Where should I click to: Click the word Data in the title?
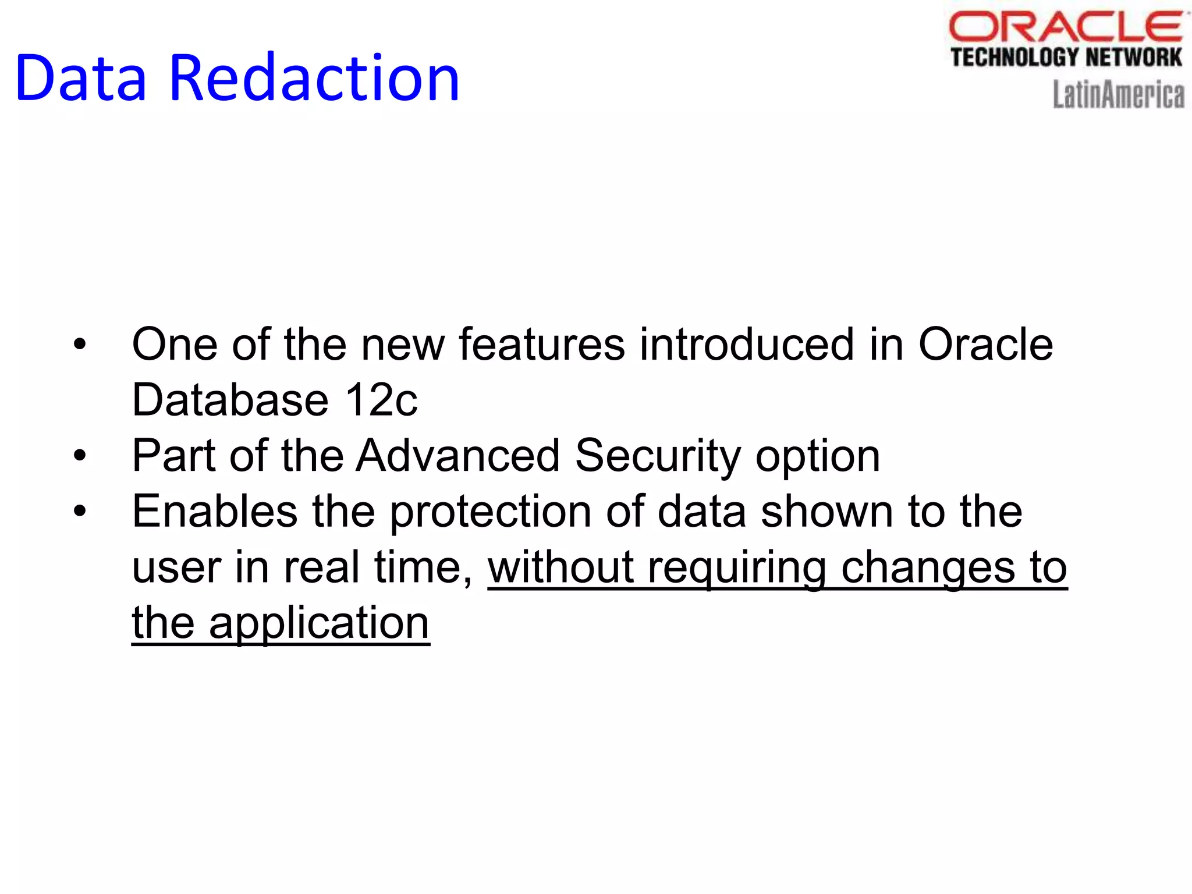pyautogui.click(x=80, y=79)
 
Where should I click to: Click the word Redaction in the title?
pyautogui.click(x=314, y=79)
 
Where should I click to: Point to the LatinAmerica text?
pyautogui.click(x=1118, y=95)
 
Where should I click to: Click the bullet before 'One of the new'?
pyautogui.click(x=80, y=345)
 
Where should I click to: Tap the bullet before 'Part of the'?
pyautogui.click(x=80, y=456)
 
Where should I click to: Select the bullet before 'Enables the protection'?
pyautogui.click(x=80, y=512)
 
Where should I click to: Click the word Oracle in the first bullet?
pyautogui.click(x=985, y=345)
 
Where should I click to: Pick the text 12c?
pyautogui.click(x=381, y=400)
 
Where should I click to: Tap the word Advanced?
pyautogui.click(x=458, y=456)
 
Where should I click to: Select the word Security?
pyautogui.click(x=658, y=456)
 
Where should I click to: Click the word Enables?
pyautogui.click(x=215, y=512)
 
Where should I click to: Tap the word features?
pyautogui.click(x=542, y=345)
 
